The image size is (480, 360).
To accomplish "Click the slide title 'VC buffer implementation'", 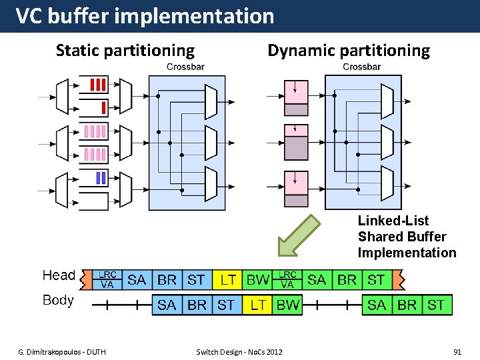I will point(145,16).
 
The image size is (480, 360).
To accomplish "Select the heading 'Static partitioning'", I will point(125,51).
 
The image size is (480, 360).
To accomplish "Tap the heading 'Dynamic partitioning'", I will point(349,51).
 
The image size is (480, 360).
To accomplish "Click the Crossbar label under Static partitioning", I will point(185,67).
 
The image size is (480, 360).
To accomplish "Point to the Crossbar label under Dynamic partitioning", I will point(361,67).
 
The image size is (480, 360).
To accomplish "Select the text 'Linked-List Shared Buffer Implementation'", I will point(407,237).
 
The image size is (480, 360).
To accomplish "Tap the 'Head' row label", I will point(59,276).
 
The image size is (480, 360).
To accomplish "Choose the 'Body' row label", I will point(58,300).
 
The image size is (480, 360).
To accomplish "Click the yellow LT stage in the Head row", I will point(227,280).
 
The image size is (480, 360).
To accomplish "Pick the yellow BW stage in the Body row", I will point(288,305).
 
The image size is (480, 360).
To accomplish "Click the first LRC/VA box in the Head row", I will point(107,280).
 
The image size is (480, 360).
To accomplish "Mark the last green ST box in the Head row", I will point(377,280).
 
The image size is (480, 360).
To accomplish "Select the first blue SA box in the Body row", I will point(167,305).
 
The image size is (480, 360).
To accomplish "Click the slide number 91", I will point(457,351).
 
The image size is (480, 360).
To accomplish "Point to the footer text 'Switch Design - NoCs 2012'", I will point(239,351).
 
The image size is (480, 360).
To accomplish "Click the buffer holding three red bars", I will point(97,85).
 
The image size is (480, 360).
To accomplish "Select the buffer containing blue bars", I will point(97,178).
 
